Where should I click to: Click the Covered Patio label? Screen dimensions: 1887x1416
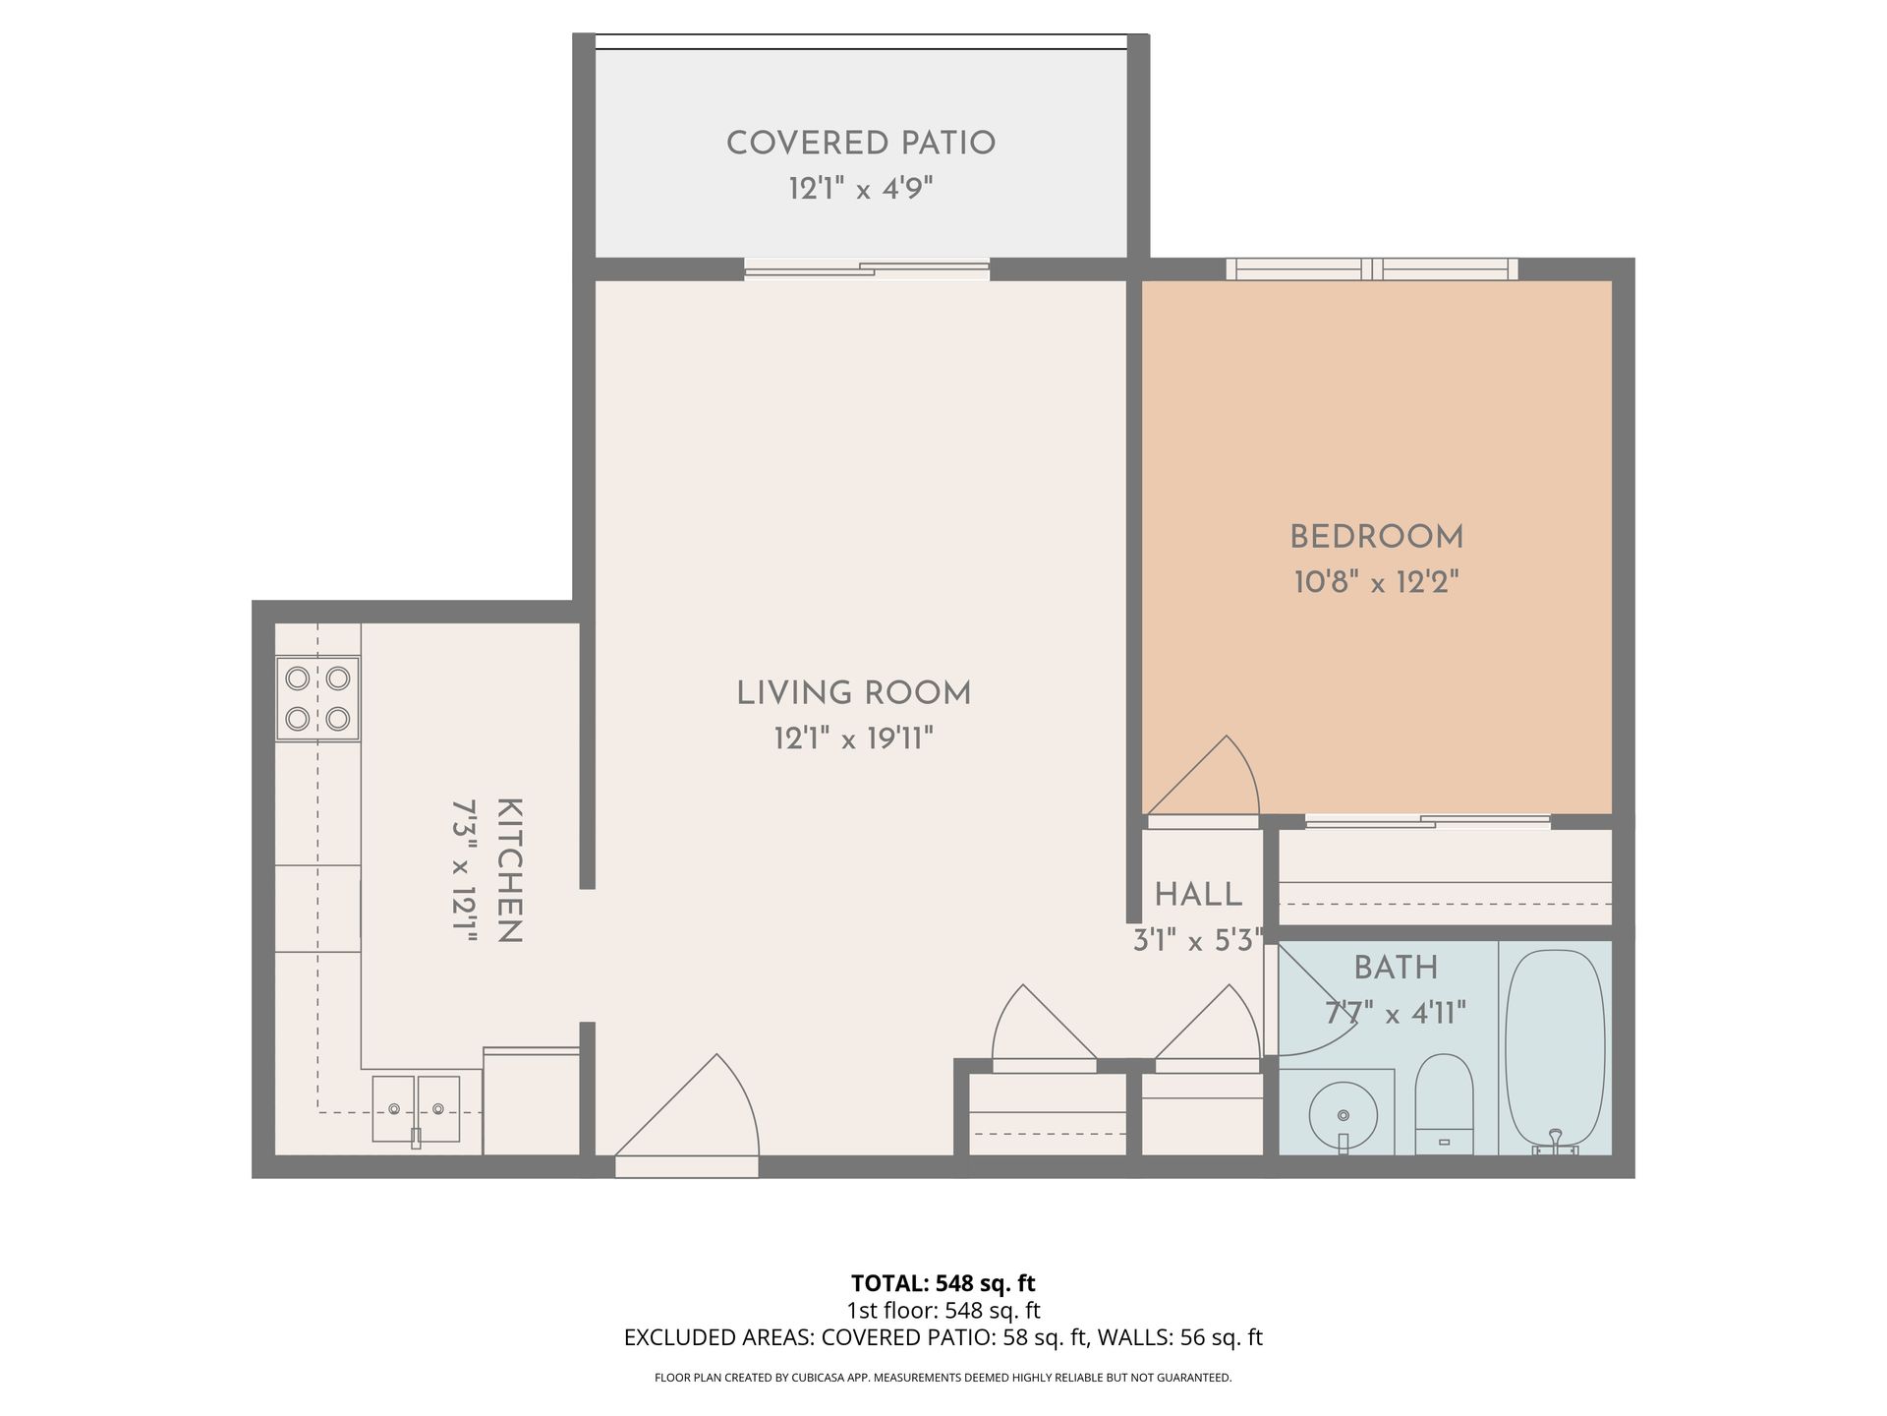[861, 144]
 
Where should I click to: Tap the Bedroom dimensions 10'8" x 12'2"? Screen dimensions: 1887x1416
[1376, 583]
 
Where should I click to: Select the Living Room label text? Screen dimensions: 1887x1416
[854, 693]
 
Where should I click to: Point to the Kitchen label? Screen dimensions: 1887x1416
[510, 871]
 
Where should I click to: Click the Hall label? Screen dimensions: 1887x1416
[1198, 895]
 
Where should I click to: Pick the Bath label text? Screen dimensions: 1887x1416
[1396, 969]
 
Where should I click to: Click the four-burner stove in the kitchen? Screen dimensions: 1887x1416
[317, 698]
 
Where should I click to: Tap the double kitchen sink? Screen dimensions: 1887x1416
[416, 1109]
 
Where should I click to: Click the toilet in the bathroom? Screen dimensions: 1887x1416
[1444, 1104]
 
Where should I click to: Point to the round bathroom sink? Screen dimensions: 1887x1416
[1343, 1116]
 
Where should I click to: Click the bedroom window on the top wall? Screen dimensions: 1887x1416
[1372, 268]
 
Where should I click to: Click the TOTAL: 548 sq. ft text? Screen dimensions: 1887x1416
[943, 1283]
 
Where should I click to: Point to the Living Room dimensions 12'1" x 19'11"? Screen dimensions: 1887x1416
[853, 738]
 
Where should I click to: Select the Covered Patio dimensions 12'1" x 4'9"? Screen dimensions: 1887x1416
[861, 189]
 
